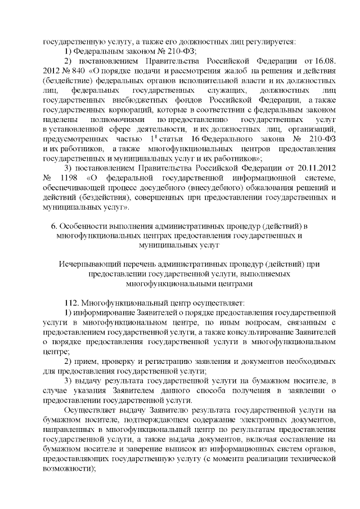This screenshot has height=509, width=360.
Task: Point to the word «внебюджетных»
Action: point(124,100)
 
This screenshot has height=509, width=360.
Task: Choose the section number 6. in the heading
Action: point(54,226)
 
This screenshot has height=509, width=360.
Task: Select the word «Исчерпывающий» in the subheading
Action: point(88,264)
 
